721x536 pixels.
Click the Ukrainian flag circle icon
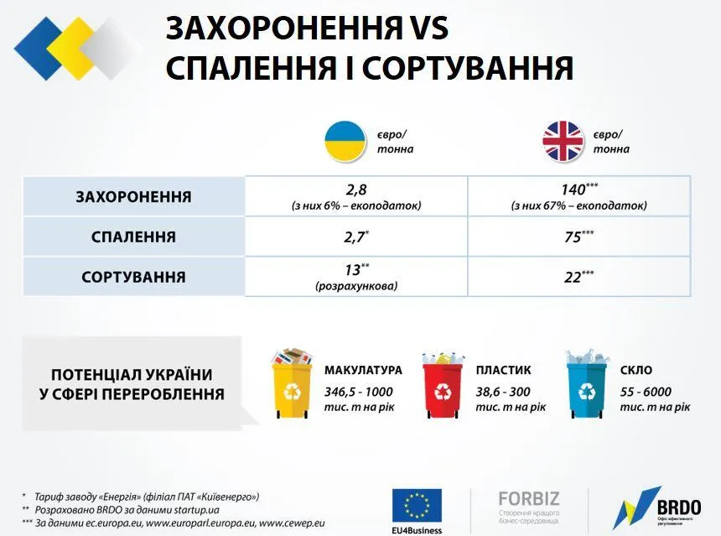345,141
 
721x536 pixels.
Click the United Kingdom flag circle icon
562,141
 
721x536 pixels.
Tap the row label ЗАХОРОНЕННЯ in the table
133,197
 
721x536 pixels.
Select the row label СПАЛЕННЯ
133,237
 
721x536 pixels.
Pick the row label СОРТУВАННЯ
133,277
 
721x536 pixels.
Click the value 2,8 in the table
356,190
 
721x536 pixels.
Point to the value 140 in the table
574,190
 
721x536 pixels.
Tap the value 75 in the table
573,237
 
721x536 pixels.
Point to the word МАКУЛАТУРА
363,370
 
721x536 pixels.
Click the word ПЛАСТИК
503,370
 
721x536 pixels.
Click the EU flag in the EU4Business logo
417,504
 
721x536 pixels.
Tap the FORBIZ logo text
528,498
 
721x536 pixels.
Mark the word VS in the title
424,29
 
